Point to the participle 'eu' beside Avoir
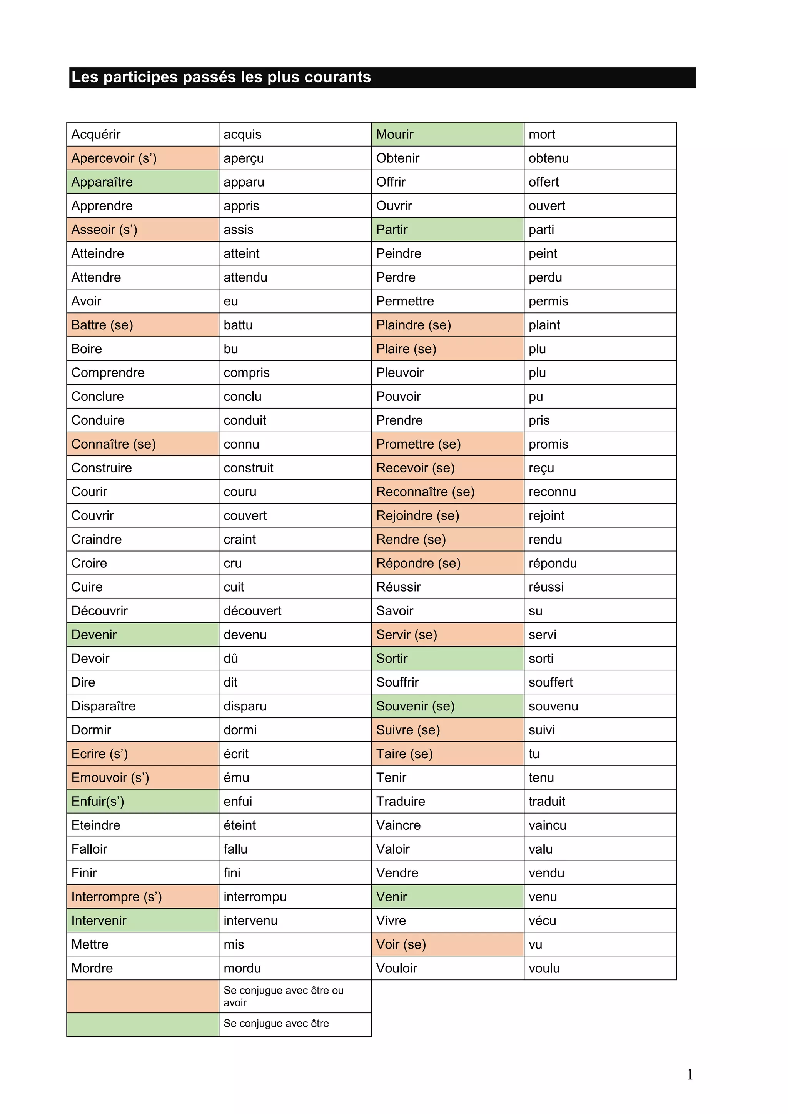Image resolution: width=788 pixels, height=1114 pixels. tap(230, 301)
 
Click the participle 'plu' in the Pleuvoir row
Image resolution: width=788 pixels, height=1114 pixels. tap(537, 373)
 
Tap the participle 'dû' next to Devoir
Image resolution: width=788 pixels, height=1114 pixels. tap(230, 659)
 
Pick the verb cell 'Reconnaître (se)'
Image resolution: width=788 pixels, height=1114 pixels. tap(425, 492)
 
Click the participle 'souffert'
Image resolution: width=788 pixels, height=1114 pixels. tap(550, 682)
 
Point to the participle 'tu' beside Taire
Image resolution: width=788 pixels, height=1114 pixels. tap(534, 754)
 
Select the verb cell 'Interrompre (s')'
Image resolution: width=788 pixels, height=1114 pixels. tap(117, 897)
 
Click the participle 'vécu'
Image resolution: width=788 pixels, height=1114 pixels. tap(542, 921)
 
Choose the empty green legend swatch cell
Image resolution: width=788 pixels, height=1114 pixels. tap(143, 1025)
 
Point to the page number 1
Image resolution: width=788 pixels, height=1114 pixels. tap(689, 1075)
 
